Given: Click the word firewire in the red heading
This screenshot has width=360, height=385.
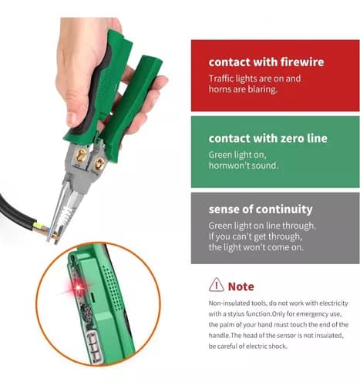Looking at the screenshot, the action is (x=302, y=62).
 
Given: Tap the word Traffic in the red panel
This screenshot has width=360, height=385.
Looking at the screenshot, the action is (x=221, y=79).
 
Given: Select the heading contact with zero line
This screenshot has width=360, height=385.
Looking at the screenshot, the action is (x=268, y=139).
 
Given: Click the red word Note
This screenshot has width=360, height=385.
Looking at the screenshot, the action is (x=241, y=286).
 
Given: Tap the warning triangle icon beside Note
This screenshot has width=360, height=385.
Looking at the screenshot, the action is (x=217, y=284).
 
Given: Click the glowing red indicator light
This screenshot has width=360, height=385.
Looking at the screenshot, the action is (x=79, y=287).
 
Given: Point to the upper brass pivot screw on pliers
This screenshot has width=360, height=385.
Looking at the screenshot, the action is (x=81, y=156).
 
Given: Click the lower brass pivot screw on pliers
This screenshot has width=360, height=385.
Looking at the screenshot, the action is (x=99, y=163).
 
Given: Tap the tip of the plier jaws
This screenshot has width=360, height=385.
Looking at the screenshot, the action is (x=49, y=241).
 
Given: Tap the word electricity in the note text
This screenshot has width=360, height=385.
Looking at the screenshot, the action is (x=334, y=303).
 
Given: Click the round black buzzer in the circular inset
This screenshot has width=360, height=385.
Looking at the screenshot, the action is (x=86, y=313).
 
